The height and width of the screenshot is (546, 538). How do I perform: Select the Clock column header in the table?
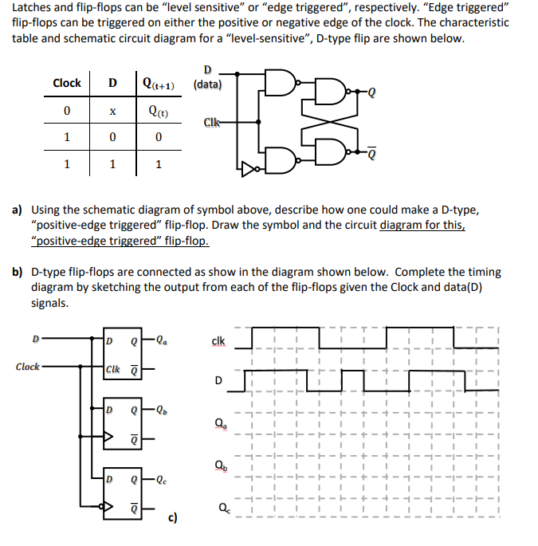(66, 83)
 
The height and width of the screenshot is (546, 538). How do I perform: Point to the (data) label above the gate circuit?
(208, 84)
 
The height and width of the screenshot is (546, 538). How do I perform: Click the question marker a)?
(17, 210)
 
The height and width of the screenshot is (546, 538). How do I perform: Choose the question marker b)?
(17, 273)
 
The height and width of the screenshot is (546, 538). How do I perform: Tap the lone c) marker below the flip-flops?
(172, 519)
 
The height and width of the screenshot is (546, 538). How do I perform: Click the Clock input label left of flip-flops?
(28, 367)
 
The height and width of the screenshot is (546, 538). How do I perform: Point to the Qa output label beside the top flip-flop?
(163, 345)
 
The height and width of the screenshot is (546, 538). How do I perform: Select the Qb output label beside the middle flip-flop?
(163, 412)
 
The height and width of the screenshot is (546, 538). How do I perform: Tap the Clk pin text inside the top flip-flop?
(116, 368)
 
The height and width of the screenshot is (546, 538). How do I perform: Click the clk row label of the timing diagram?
(218, 341)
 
